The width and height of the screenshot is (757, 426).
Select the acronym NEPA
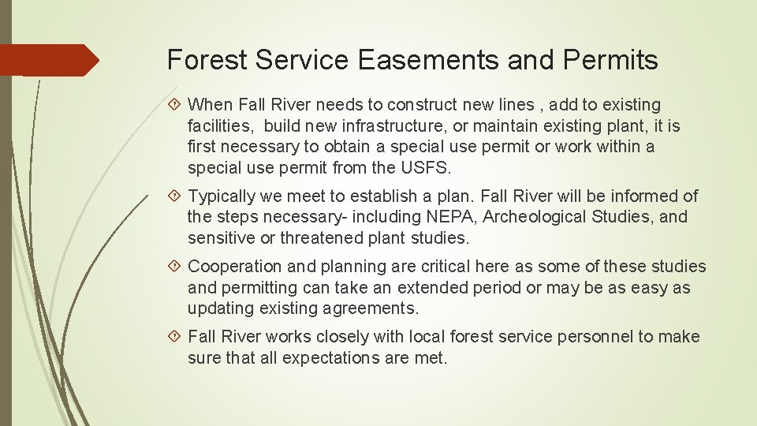452,217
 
